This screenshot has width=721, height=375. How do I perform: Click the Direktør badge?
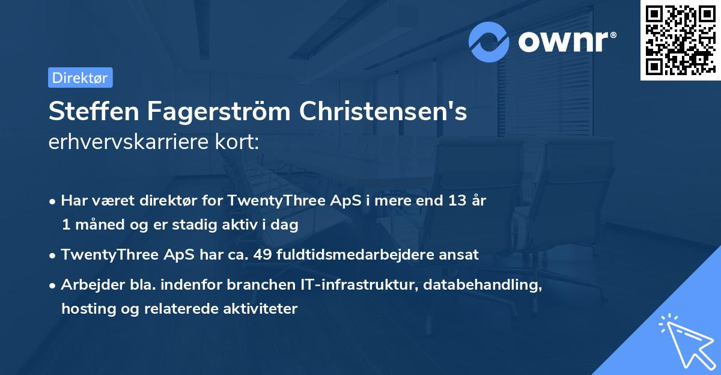point(80,78)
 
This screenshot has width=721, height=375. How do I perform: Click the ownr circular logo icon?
point(490,41)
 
